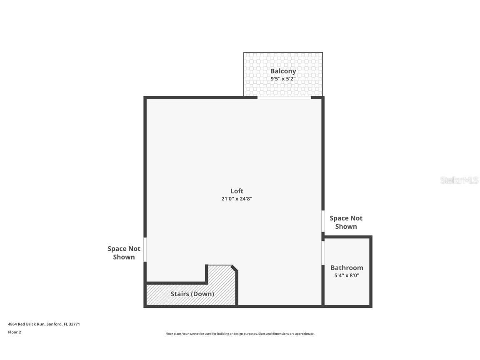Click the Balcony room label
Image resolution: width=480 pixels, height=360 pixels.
tap(283, 71)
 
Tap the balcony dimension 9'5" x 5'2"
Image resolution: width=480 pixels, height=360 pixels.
tap(283, 78)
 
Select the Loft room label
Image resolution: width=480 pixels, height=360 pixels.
tap(237, 191)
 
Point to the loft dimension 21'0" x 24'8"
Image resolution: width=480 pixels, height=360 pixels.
tap(237, 199)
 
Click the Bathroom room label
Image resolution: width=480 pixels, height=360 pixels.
tap(347, 267)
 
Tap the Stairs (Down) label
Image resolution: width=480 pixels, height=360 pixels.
tap(192, 294)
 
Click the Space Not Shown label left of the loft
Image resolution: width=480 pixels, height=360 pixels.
tap(124, 252)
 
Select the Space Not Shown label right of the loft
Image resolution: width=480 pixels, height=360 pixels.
tap(346, 222)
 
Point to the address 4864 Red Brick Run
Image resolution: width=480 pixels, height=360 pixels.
tap(26, 324)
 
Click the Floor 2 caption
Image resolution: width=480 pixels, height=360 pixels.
tap(14, 332)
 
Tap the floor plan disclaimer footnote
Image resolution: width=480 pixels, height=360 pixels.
tap(240, 334)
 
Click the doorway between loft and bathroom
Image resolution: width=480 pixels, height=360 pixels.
tap(323, 253)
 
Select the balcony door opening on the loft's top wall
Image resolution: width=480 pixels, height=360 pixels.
tap(284, 98)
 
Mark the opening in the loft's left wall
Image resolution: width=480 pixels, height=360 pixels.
tap(145, 249)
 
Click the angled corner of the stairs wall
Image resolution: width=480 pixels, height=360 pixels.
tap(235, 268)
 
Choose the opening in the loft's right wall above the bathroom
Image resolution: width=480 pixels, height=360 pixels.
tap(323, 221)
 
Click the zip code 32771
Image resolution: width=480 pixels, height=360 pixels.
tap(74, 324)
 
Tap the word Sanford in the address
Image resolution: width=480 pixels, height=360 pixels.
tap(54, 324)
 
